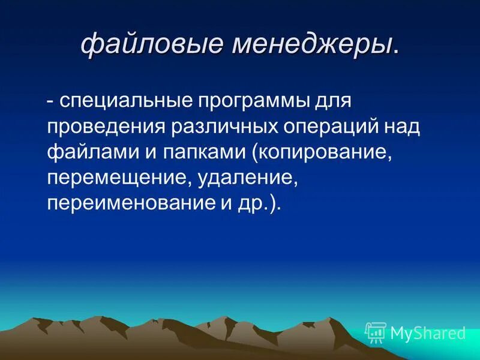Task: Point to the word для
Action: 331,100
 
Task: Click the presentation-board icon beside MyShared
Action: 376,332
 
